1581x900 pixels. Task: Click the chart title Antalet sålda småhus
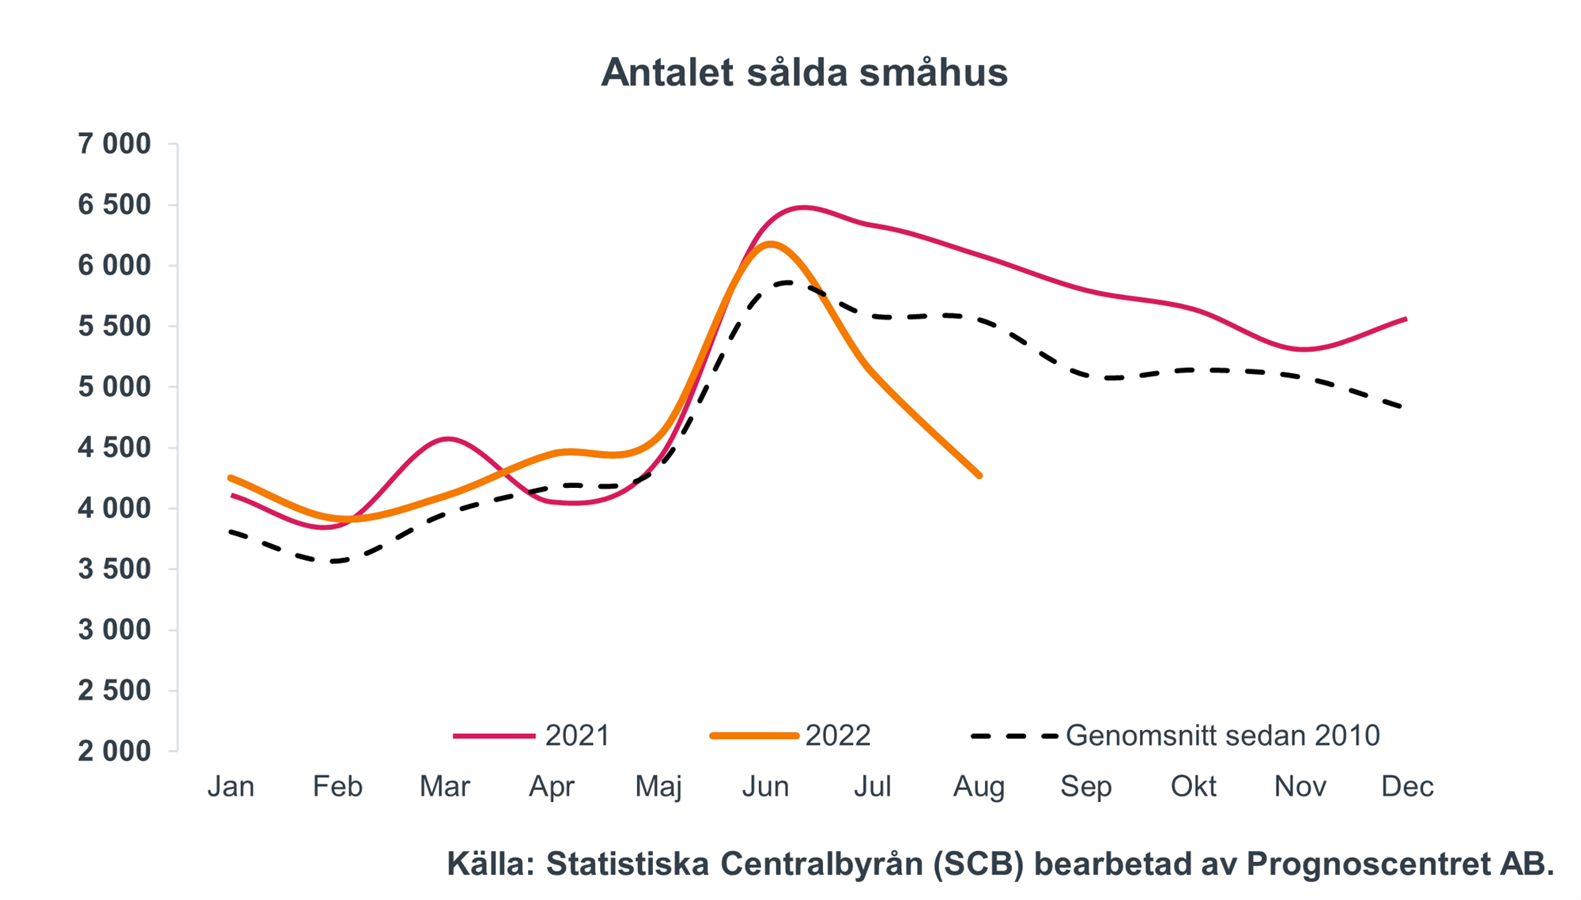pyautogui.click(x=804, y=73)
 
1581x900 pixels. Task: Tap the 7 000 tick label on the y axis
pyautogui.click(x=114, y=144)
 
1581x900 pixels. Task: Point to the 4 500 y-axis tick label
pyautogui.click(x=114, y=448)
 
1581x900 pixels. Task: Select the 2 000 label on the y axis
pyautogui.click(x=114, y=751)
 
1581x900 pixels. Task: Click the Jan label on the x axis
pyautogui.click(x=231, y=787)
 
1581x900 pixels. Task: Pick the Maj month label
pyautogui.click(x=658, y=787)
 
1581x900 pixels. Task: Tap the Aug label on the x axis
pyautogui.click(x=979, y=787)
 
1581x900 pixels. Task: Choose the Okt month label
pyautogui.click(x=1193, y=787)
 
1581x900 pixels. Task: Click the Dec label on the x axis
pyautogui.click(x=1407, y=787)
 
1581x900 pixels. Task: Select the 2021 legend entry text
pyautogui.click(x=578, y=736)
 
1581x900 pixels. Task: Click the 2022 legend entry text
pyautogui.click(x=838, y=736)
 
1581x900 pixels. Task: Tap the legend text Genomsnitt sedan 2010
pyautogui.click(x=1222, y=736)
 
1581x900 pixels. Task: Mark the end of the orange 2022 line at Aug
pyautogui.click(x=979, y=475)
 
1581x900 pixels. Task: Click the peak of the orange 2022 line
pyautogui.click(x=770, y=244)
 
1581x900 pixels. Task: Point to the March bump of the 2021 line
pyautogui.click(x=448, y=438)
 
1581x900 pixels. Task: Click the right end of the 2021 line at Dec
pyautogui.click(x=1406, y=319)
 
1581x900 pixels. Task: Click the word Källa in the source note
pyautogui.click(x=491, y=864)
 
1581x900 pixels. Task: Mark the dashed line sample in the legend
pyautogui.click(x=1014, y=736)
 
